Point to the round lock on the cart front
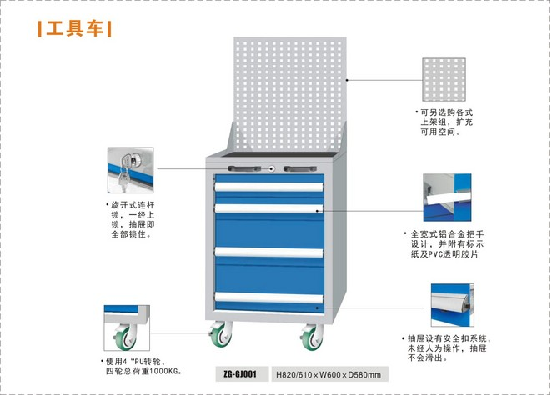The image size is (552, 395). tap(272, 169)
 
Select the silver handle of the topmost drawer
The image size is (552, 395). tap(268, 187)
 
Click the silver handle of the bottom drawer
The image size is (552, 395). tap(268, 297)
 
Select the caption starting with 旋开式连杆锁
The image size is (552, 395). tap(135, 219)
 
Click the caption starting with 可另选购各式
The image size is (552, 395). tap(446, 122)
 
